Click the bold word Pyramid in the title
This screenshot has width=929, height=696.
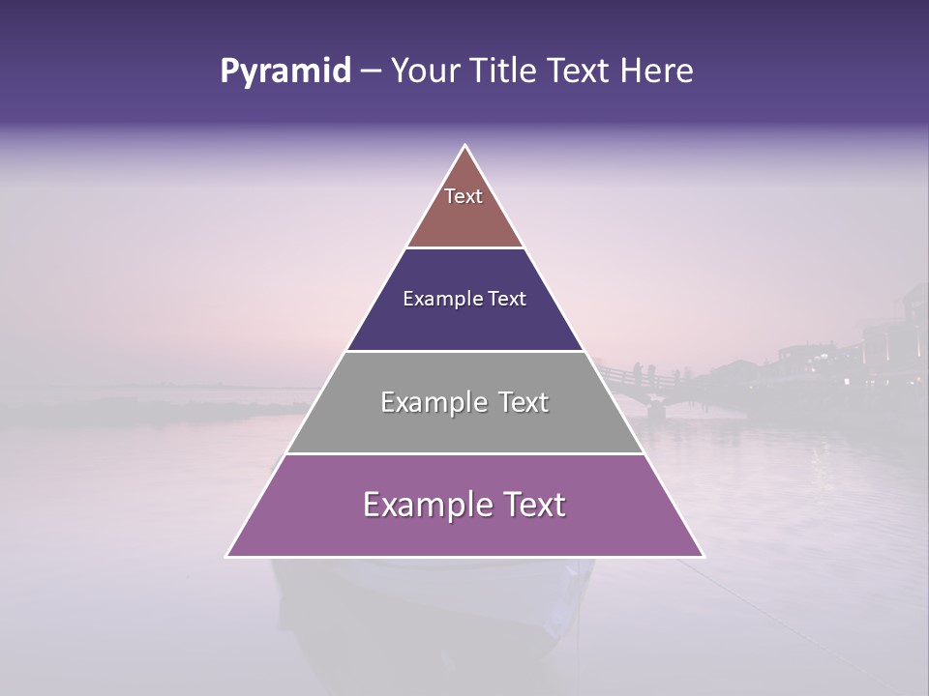coord(285,72)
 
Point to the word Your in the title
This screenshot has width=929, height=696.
coord(423,71)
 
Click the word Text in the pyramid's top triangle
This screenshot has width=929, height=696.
coord(464,196)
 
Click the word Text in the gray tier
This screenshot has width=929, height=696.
coord(517,402)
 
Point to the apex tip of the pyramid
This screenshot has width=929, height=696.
coord(465,147)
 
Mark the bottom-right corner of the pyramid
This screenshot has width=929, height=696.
coord(703,556)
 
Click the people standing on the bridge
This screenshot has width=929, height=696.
coord(644,372)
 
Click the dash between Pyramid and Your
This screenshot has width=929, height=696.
coord(370,72)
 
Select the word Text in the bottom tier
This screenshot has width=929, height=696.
coord(528,506)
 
